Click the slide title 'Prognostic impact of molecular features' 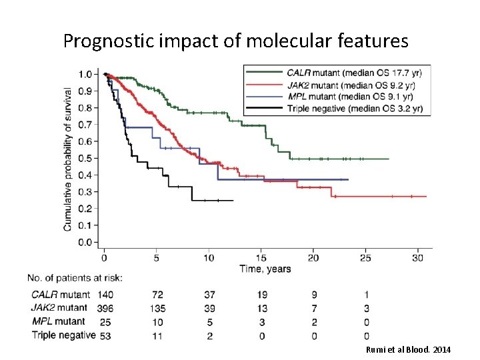pos(235,41)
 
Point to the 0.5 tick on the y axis pos(85,158)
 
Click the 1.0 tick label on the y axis pos(85,74)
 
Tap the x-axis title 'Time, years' pos(265,269)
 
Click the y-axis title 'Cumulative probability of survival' pos(68,159)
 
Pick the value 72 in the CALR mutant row pos(157,295)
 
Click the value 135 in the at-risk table pos(157,308)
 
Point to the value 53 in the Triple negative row pos(105,335)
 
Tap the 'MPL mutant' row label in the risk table pos(59,322)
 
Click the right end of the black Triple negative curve pos(233,200)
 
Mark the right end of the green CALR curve pos(389,159)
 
